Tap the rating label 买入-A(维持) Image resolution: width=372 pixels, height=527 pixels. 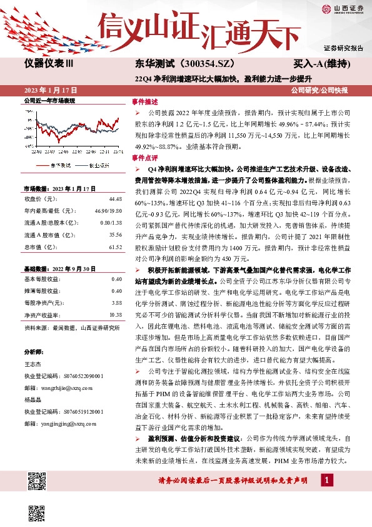[x=319, y=64]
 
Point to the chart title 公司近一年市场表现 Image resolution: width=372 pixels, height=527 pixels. [x=49, y=100]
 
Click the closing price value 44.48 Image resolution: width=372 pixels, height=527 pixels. [x=115, y=198]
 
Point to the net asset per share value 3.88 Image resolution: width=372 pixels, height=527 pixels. [x=116, y=303]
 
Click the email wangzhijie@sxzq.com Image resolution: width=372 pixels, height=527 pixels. [x=60, y=387]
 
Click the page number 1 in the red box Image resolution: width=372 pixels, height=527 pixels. [x=326, y=497]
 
